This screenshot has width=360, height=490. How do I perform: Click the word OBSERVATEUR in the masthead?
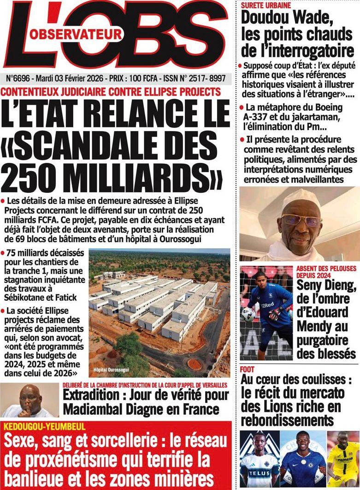(x=77, y=34)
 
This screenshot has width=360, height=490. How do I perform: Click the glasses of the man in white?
(x=302, y=221)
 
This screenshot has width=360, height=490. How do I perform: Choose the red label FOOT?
(x=247, y=370)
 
